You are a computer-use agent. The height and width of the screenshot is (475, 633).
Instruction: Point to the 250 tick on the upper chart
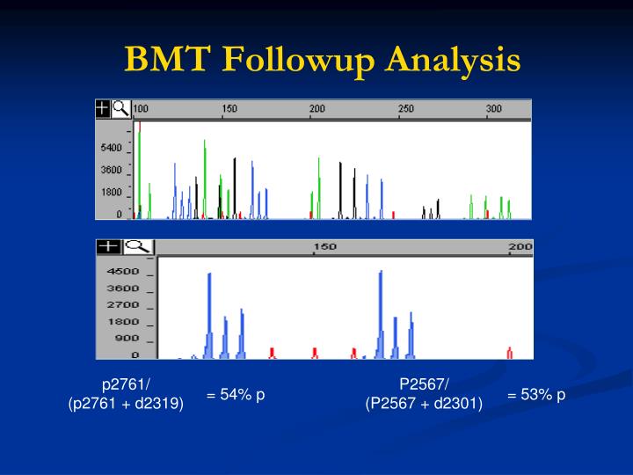tap(406, 109)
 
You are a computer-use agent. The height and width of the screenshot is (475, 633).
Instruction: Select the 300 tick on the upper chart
tap(494, 109)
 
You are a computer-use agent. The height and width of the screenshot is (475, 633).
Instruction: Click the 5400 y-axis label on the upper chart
tap(111, 147)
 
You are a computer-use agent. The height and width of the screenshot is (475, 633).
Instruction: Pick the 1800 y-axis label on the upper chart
tap(111, 192)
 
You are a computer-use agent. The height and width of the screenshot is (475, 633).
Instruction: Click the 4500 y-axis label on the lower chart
tap(123, 272)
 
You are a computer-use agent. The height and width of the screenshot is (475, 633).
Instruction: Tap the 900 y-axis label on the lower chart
tap(127, 339)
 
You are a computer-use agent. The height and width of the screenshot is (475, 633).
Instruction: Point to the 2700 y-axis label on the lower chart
tap(123, 305)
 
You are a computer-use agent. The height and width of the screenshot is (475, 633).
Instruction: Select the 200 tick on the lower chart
tap(520, 247)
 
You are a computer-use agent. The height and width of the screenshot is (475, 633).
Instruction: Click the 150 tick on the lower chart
tap(325, 247)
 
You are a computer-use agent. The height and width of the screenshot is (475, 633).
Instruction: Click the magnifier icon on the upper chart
tap(121, 108)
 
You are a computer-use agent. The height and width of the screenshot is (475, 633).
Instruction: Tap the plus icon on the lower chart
tap(108, 247)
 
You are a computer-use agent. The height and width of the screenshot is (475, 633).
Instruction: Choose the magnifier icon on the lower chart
tap(139, 247)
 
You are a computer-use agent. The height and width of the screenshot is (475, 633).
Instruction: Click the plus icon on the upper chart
tap(104, 108)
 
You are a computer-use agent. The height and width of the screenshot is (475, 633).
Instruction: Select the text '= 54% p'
tap(236, 395)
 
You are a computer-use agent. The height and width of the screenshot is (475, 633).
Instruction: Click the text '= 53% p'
tap(536, 395)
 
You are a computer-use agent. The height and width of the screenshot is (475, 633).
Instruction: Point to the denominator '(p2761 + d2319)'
tap(126, 404)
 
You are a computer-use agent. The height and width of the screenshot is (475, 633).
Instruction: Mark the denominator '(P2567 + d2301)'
tap(425, 404)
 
